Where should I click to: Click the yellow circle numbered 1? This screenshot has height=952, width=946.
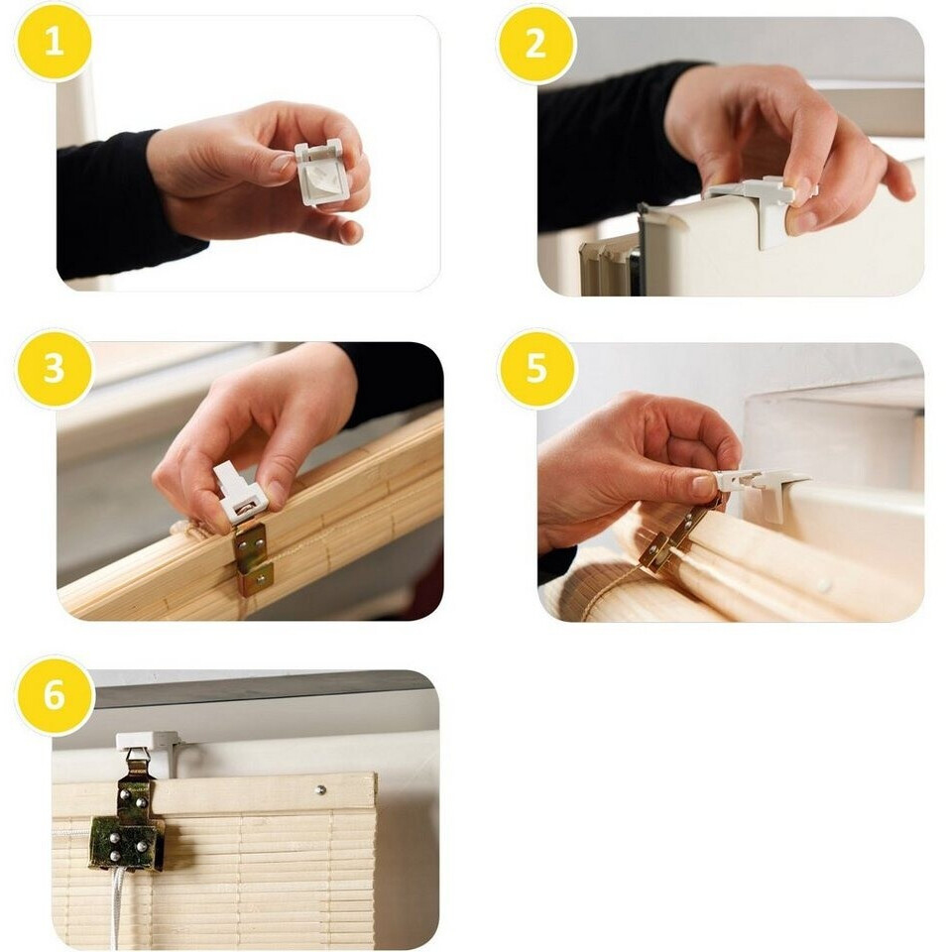[x=54, y=43]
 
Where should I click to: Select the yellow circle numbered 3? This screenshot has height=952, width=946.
[x=54, y=368]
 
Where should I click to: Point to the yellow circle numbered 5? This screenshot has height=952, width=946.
[x=536, y=368]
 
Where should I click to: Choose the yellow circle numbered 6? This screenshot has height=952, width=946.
[x=54, y=694]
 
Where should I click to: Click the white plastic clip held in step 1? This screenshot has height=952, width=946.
[x=317, y=172]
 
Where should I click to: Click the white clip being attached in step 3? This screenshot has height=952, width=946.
[x=239, y=493]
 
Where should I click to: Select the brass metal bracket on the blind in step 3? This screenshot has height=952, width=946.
[x=253, y=557]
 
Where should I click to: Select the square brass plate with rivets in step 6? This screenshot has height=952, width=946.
[x=126, y=842]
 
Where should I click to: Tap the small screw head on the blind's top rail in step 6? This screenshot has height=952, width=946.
[x=320, y=790]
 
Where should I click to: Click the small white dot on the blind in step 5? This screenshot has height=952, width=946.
[x=824, y=586]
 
